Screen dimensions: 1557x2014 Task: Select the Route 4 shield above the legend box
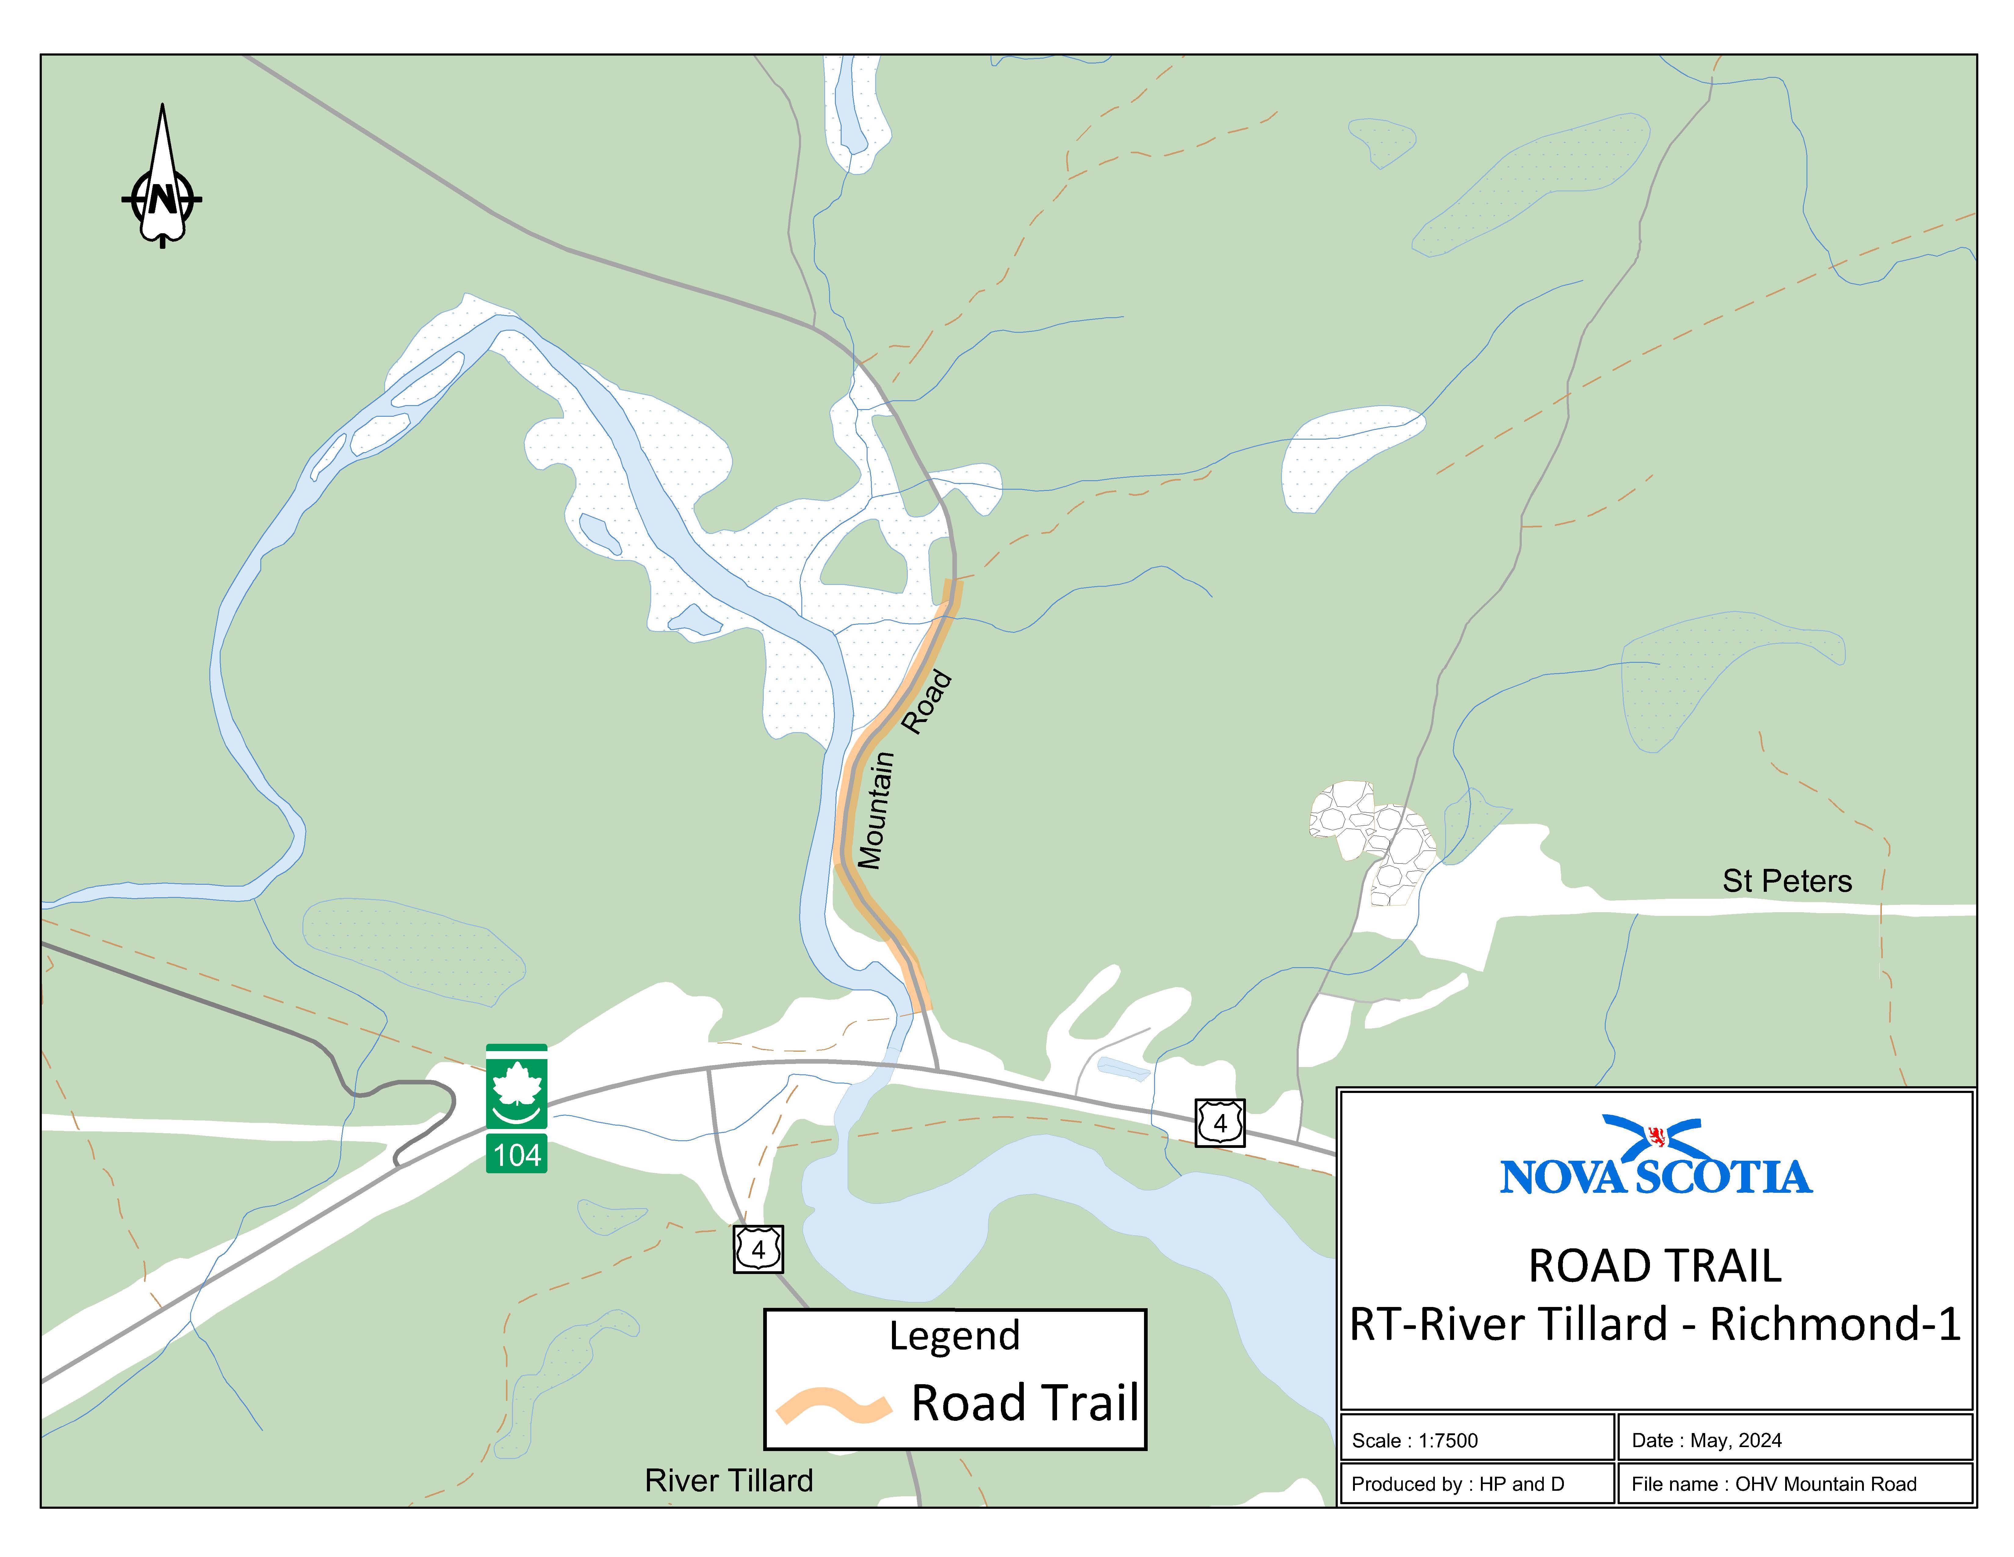(758, 1249)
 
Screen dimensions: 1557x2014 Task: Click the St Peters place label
(1786, 881)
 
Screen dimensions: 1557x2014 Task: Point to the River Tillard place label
(728, 1480)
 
